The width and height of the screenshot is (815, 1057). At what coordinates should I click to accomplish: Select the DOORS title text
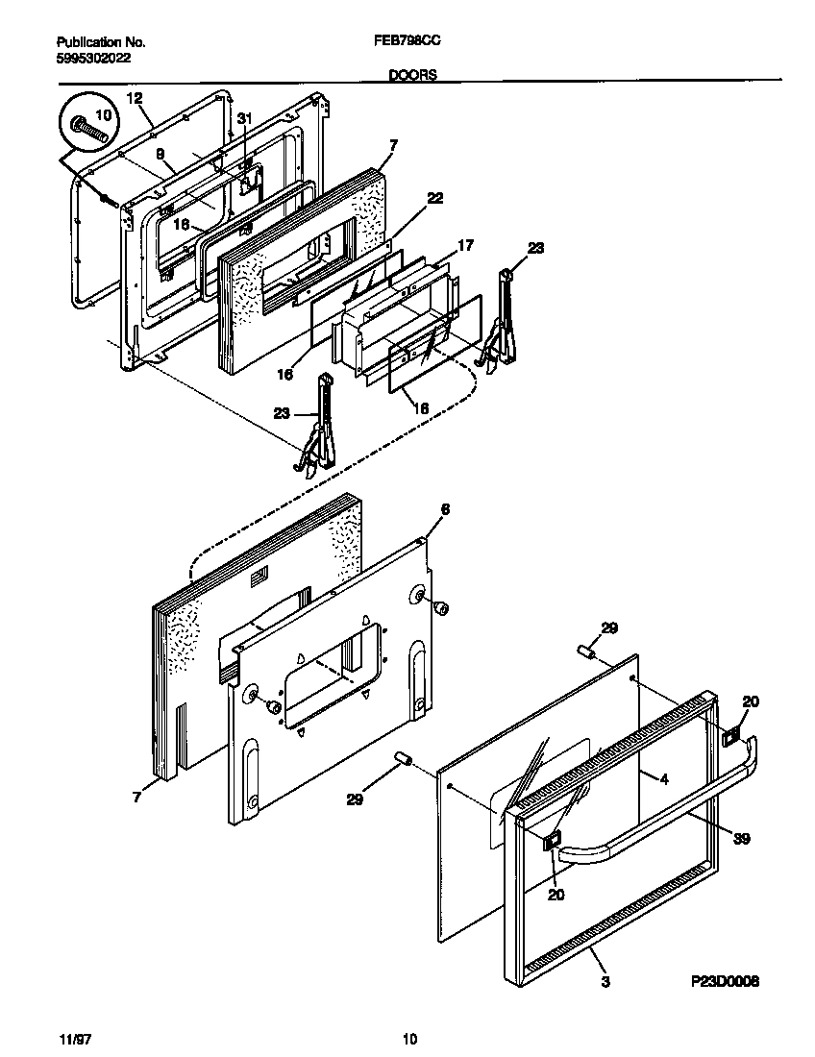click(x=413, y=74)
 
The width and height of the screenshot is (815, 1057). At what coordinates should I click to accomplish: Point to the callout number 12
click(x=134, y=98)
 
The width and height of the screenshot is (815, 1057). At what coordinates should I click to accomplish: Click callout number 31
click(x=244, y=118)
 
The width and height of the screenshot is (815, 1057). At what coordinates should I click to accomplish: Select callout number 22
click(x=434, y=198)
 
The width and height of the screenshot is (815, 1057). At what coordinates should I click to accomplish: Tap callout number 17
click(x=465, y=246)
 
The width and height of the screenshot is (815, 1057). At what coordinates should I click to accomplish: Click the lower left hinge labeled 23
click(x=320, y=428)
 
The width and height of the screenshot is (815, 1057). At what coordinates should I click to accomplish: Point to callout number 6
click(x=445, y=508)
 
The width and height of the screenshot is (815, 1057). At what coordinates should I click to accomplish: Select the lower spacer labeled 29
click(x=403, y=761)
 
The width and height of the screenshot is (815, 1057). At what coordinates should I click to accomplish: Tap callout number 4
click(x=663, y=778)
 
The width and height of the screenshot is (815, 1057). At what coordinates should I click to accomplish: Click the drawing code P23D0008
click(x=725, y=982)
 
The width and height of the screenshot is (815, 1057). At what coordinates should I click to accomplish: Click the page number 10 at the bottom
click(x=409, y=1039)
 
